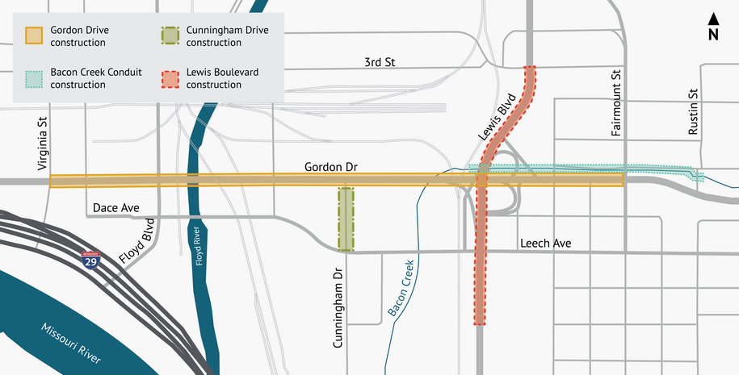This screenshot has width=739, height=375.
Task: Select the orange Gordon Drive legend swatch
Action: click(x=34, y=36)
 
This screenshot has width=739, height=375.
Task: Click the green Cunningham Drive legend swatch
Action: click(x=170, y=36)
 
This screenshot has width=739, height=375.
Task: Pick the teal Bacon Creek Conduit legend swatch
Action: click(x=34, y=78)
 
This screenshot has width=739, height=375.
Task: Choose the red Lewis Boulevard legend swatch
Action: click(x=170, y=78)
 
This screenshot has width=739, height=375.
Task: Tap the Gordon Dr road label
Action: click(x=330, y=167)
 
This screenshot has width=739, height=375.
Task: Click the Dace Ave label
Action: click(x=116, y=208)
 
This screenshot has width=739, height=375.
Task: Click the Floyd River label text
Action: click(x=197, y=246)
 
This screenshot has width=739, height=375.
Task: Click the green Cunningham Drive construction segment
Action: click(x=346, y=219)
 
